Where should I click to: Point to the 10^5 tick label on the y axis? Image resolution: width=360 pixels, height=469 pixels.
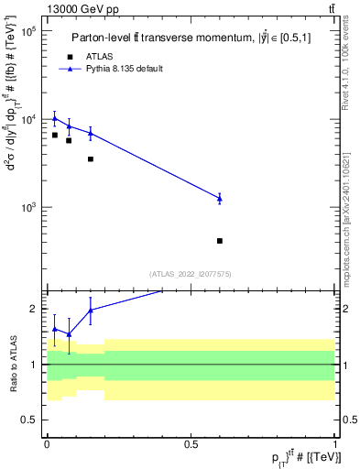(x=27, y=31)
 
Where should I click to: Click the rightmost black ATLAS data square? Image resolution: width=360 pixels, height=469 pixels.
(x=220, y=241)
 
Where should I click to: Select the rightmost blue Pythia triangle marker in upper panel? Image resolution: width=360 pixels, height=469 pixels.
(x=220, y=198)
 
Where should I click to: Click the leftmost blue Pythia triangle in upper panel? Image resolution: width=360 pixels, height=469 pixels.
(x=55, y=118)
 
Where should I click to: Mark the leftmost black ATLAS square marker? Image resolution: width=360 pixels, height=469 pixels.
(x=55, y=135)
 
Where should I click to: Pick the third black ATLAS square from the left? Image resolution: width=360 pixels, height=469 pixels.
(x=91, y=158)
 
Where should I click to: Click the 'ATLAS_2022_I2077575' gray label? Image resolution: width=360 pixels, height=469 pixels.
(x=190, y=273)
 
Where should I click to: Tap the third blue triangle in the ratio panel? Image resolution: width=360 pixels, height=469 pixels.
(x=91, y=310)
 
